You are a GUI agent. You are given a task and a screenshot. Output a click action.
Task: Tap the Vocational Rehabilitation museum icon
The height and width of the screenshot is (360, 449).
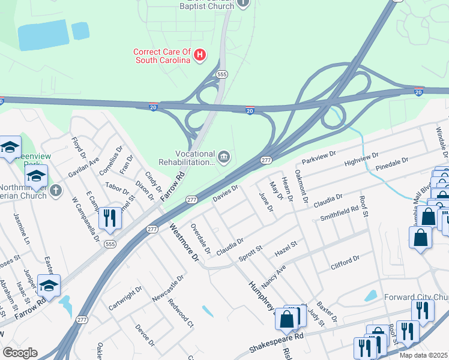point(223,158)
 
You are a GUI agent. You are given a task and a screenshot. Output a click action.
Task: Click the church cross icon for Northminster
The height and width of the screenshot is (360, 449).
point(56,191)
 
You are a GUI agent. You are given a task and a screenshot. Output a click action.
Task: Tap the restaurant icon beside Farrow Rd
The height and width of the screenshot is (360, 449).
point(109,217)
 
